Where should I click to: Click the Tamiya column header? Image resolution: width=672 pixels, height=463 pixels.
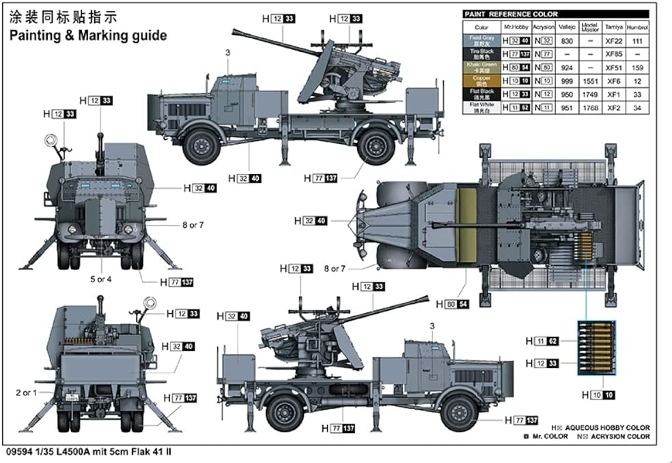(615, 28)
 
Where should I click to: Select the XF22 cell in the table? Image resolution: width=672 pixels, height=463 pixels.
(615, 41)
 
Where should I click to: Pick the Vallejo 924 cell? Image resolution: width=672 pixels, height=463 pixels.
(567, 68)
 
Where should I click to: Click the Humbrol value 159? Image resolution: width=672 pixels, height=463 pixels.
(637, 68)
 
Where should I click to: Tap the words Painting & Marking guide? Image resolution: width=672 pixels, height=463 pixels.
(88, 36)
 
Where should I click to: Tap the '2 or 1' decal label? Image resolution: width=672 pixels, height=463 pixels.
(27, 393)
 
